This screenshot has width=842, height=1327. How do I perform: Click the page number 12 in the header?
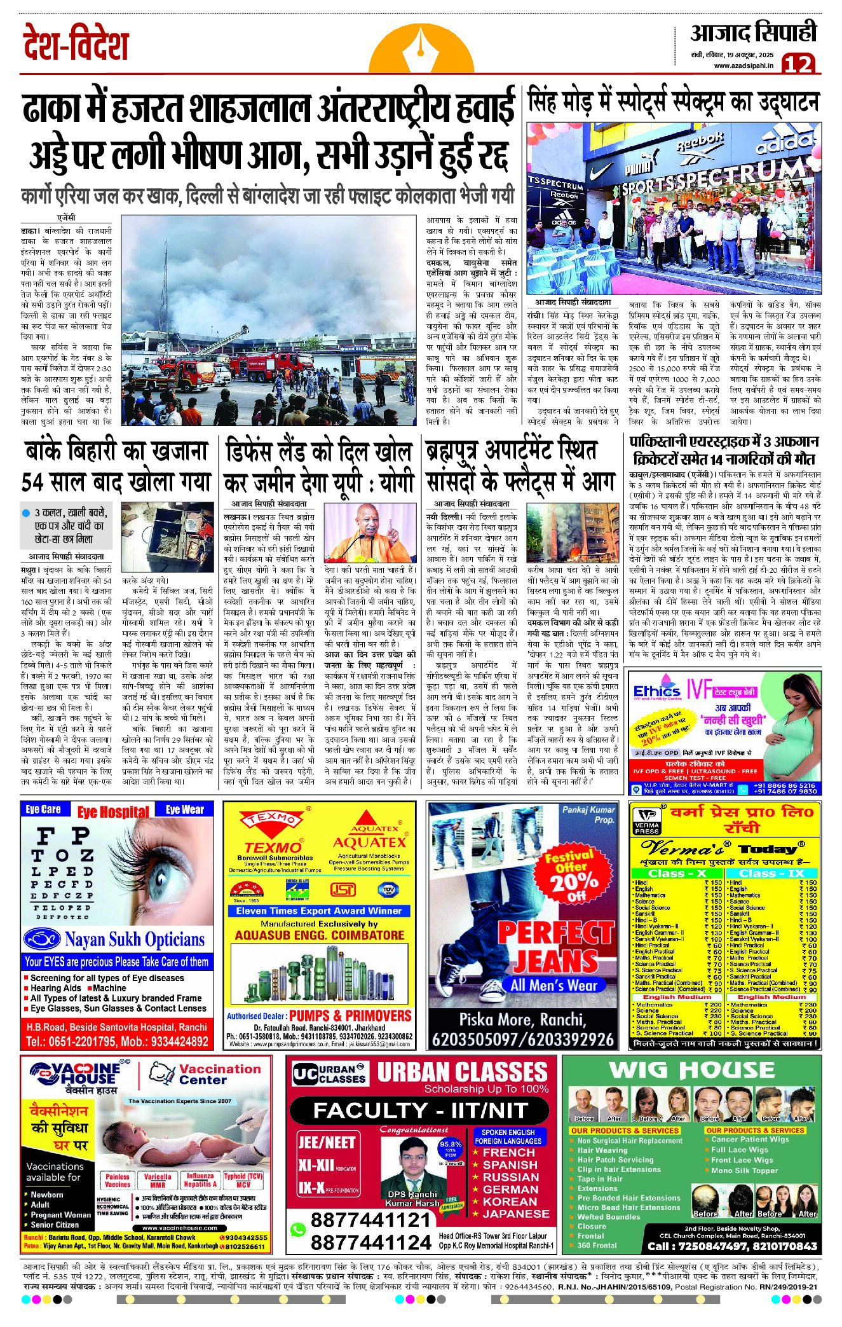coord(798,64)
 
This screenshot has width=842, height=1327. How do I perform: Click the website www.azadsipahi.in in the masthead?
coord(744,65)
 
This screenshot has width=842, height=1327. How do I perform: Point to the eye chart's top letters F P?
coord(62,836)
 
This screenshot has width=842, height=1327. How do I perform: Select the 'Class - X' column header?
coord(677,873)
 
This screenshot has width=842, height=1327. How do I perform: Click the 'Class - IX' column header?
coord(771,873)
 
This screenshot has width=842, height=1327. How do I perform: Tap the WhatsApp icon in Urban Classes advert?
coord(297,1230)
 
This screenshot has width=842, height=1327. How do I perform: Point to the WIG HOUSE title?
coord(691,1071)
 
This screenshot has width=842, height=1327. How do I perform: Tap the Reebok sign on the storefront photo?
coord(699,142)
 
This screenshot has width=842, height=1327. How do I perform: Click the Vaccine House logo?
coord(76,1076)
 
